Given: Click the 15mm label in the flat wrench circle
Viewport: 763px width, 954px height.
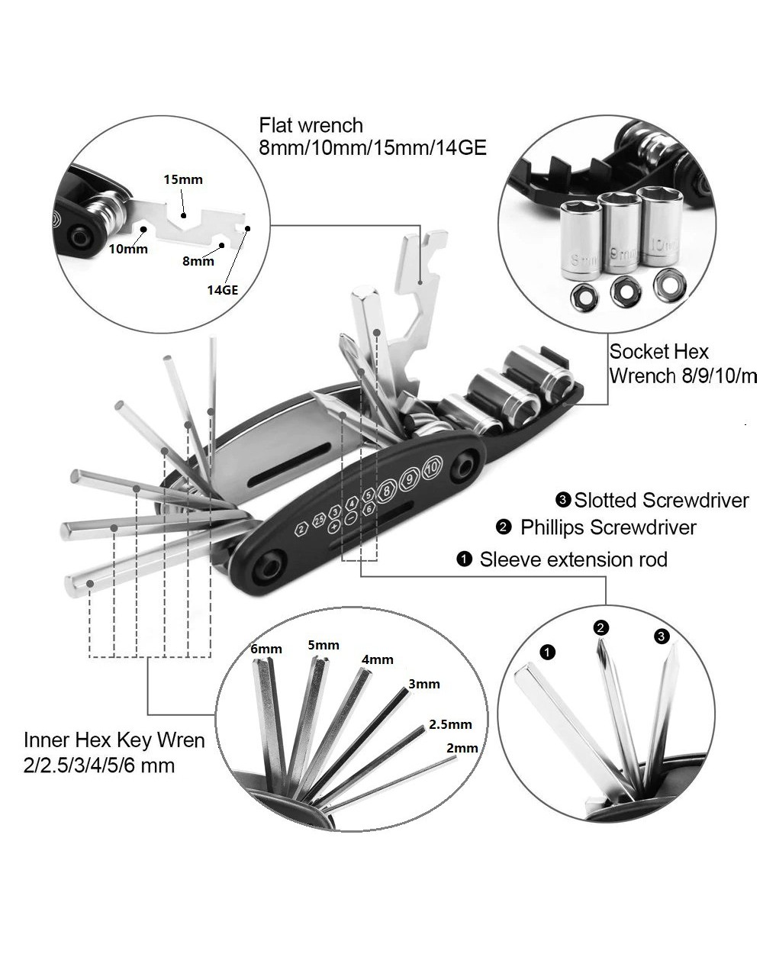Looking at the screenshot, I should (183, 180).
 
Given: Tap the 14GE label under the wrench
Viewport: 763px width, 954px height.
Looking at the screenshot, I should (223, 290).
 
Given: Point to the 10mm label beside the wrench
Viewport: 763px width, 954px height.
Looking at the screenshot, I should (127, 249).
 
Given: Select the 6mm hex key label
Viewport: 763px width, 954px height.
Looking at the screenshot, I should (266, 649).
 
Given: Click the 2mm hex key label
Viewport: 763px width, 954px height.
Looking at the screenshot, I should (462, 748).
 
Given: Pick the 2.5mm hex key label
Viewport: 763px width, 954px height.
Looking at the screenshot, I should (450, 724).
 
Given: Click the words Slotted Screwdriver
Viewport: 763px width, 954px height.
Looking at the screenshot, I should (661, 500).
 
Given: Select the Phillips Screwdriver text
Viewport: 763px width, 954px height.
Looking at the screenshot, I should (608, 527).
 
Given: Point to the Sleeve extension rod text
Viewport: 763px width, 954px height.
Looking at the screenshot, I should (573, 559).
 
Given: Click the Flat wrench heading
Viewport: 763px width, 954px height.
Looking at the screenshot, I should (311, 124).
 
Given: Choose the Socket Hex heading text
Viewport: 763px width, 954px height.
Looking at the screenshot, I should (658, 352).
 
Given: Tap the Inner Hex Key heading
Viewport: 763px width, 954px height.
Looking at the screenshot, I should (114, 740).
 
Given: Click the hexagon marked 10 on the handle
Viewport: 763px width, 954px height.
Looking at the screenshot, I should (433, 465).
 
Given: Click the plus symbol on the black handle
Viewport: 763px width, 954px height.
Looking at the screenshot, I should (333, 527).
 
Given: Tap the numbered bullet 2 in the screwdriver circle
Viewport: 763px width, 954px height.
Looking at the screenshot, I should (601, 627).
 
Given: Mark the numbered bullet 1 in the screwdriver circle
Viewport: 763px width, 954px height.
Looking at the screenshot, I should (547, 652).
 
